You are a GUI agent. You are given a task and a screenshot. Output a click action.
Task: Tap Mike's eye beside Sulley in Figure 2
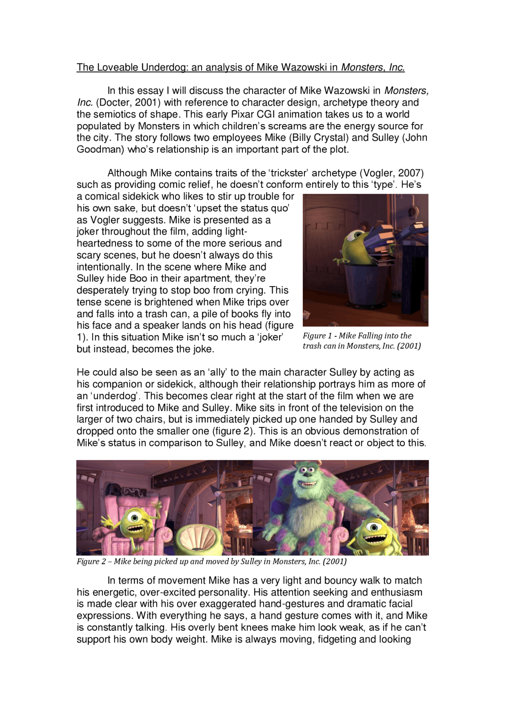click(x=374, y=526)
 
